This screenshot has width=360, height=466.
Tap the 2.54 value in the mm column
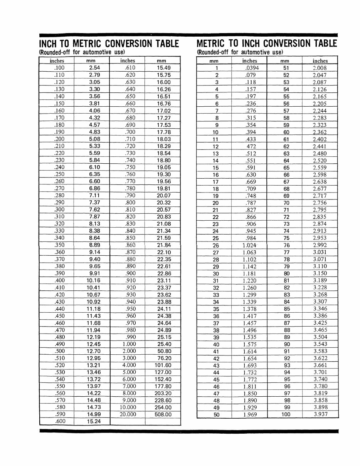point(94,68)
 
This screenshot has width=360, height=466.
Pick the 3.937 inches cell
point(320,414)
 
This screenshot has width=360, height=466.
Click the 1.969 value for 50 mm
point(250,414)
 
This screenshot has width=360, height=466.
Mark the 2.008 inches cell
point(320,68)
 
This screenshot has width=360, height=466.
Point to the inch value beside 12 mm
point(251,146)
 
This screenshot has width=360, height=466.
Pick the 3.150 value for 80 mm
point(320,273)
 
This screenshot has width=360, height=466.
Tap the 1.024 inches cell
point(249,245)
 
